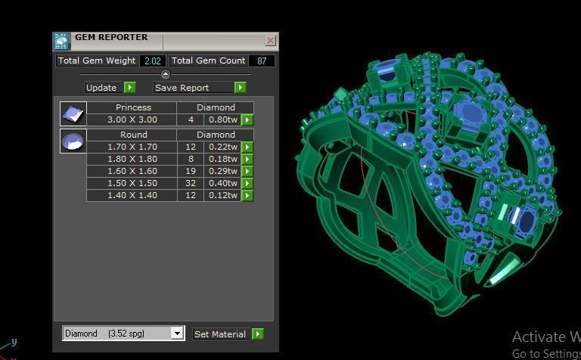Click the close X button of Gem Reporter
tap(271, 41)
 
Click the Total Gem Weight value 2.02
tap(153, 61)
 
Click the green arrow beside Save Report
tap(240, 88)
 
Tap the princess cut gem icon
tap(73, 114)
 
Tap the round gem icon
tap(73, 141)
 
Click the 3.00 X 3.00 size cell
tap(132, 119)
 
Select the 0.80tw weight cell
tap(222, 119)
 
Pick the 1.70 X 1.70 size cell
tap(132, 147)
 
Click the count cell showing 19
tap(191, 171)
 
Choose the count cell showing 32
tap(191, 183)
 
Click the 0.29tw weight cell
tap(222, 171)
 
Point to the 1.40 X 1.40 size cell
tap(132, 195)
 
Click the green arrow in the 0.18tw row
tap(247, 159)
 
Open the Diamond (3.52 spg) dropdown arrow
tap(177, 334)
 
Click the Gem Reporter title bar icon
tap(61, 41)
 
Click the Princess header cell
tap(132, 107)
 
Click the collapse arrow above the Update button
tap(166, 74)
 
